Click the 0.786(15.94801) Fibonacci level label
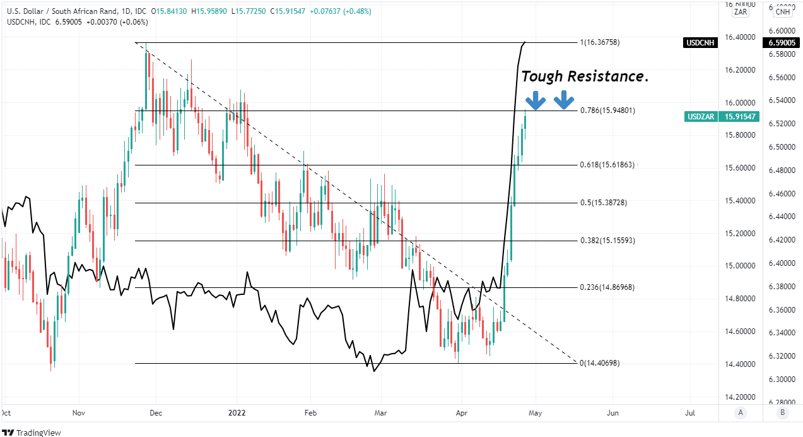[x=607, y=110]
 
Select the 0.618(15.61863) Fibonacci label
[x=607, y=165]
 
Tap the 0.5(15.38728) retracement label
[x=604, y=203]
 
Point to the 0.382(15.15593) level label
[x=607, y=241]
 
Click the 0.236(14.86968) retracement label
[x=607, y=287]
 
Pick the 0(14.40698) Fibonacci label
[x=599, y=363]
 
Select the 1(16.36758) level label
[x=599, y=42]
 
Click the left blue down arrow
[x=536, y=99]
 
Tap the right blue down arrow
[x=563, y=99]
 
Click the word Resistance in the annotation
[x=609, y=76]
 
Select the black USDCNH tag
[x=701, y=43]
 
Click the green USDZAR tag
[x=701, y=116]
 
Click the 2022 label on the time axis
[x=237, y=413]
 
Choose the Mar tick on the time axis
[x=380, y=413]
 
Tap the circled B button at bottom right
[x=782, y=413]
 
